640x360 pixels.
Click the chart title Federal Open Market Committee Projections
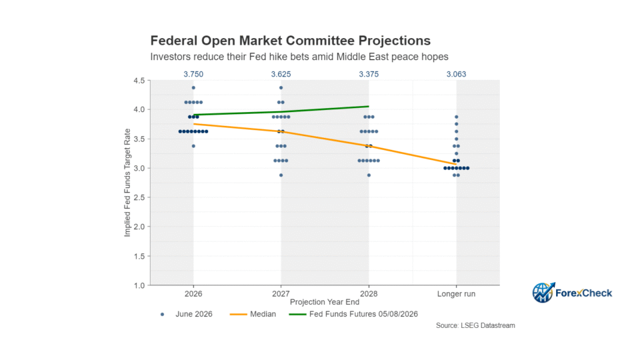tap(290, 41)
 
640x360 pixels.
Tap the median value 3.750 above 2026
tap(193, 74)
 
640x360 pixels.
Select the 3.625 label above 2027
tap(281, 74)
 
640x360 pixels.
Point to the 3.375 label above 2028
tap(369, 74)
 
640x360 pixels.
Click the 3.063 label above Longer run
tap(456, 74)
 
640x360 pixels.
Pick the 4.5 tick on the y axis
tap(139, 81)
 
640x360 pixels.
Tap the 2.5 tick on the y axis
tap(139, 197)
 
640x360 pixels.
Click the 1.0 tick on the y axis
tap(139, 286)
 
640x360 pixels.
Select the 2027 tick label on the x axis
tap(281, 294)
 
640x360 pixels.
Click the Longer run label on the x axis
tap(456, 294)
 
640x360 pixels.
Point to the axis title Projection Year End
tap(325, 302)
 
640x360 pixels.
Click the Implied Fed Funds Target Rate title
tap(127, 183)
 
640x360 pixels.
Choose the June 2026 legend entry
tap(186, 314)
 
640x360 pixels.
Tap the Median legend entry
tap(253, 314)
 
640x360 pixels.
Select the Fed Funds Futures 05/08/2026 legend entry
tap(353, 314)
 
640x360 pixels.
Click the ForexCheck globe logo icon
tap(543, 292)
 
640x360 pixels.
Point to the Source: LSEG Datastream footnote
tap(475, 326)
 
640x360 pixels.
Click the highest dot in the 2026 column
tap(193, 88)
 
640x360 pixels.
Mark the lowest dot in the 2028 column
tap(369, 175)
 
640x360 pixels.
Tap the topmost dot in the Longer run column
tap(456, 117)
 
